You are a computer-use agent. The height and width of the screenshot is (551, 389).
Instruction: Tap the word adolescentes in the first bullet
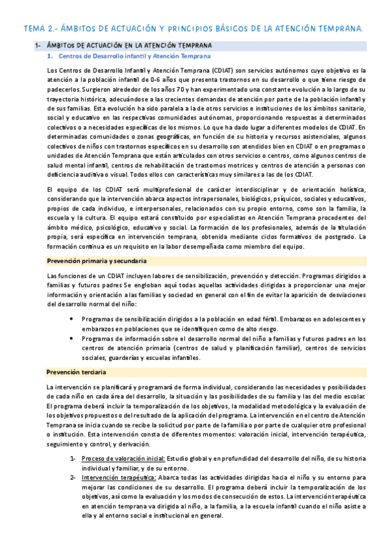[342, 319]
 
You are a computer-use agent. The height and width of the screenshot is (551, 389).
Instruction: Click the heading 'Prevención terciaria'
[77, 372]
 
